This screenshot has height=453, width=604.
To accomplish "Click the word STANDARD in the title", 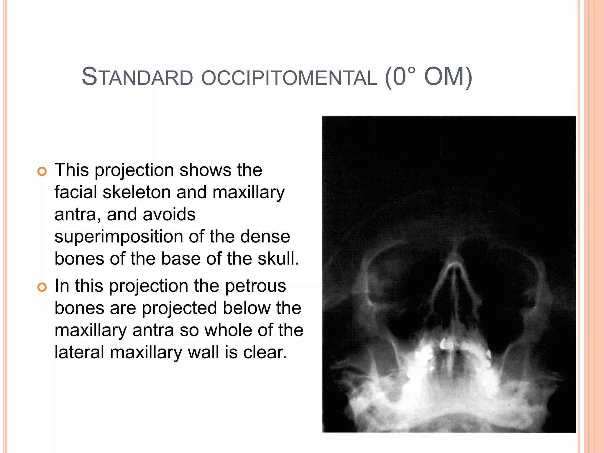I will click(x=137, y=77).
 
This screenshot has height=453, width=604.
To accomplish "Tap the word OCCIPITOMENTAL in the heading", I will click(x=289, y=78).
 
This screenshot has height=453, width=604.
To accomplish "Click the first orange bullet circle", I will click(x=42, y=171).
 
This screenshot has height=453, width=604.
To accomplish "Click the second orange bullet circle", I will click(x=42, y=287).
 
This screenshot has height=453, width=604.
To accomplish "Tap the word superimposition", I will click(x=119, y=237).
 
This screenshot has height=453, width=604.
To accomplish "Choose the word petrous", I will click(x=255, y=286).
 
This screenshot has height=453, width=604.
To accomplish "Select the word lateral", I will click(x=79, y=352).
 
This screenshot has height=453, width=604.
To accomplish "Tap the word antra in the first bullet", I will click(x=75, y=215).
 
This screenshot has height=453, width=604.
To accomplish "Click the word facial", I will click(x=76, y=192).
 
